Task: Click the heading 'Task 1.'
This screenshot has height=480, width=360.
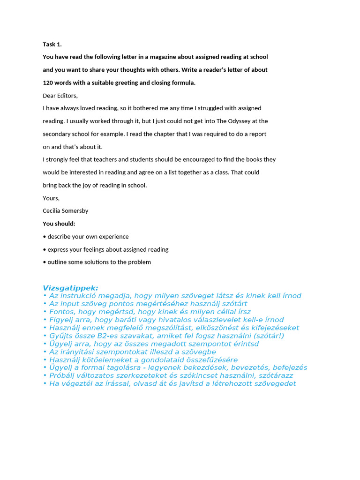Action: [52, 45]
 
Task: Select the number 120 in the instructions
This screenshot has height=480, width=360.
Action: [48, 83]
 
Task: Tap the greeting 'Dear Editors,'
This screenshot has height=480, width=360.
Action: [60, 96]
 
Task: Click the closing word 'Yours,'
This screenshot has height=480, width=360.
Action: [51, 198]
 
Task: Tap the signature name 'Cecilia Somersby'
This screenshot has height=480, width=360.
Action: [66, 211]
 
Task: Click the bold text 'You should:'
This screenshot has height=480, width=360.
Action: [59, 224]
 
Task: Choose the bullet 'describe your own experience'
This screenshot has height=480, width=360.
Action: [88, 237]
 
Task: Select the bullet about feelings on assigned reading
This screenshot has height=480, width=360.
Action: [108, 249]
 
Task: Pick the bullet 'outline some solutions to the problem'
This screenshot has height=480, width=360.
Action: [99, 262]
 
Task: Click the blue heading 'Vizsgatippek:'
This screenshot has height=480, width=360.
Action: [70, 288]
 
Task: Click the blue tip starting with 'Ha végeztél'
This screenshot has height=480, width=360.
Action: [172, 383]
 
